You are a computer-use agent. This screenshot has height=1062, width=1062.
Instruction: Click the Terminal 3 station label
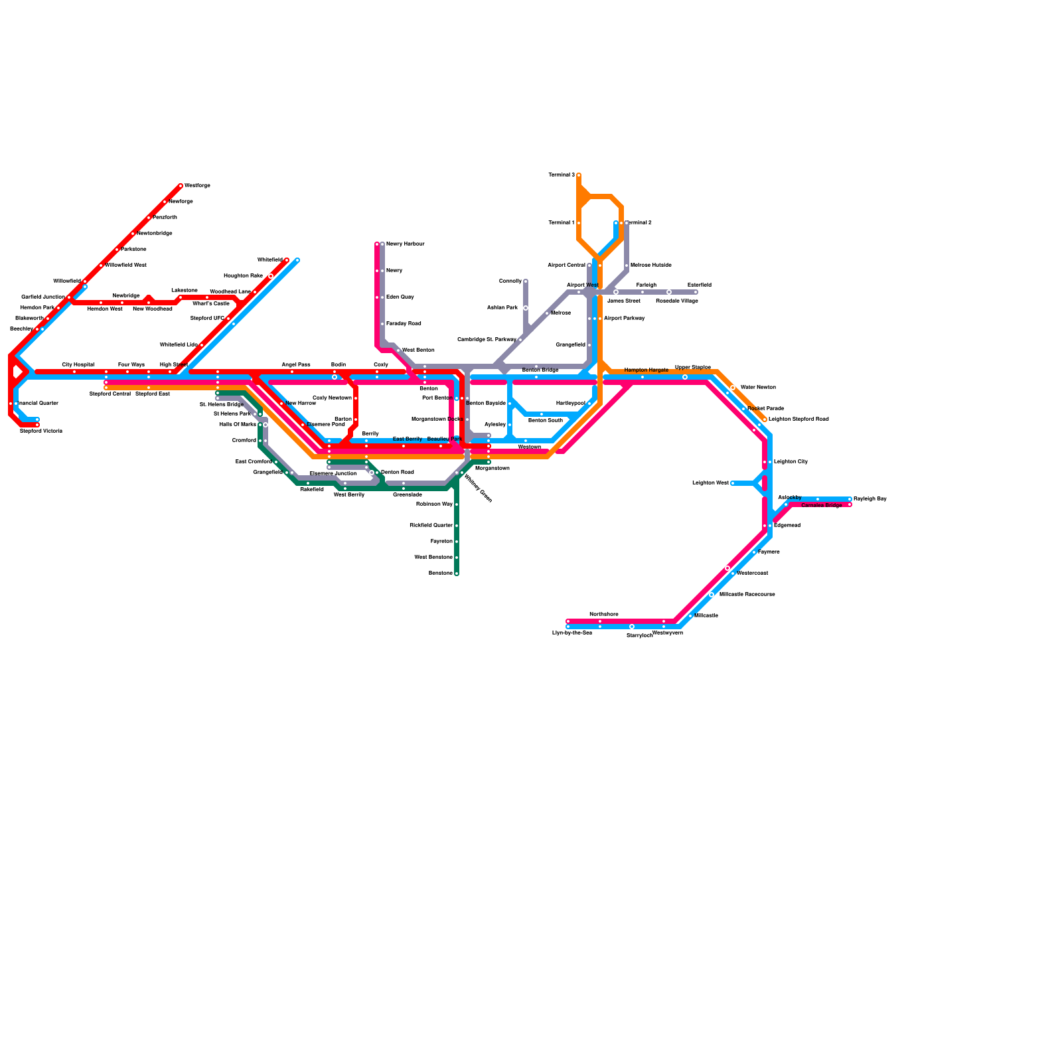[x=561, y=175]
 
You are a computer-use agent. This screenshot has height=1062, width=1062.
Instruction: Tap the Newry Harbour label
[x=405, y=244]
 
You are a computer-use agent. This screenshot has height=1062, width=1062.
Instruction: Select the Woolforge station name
[x=197, y=186]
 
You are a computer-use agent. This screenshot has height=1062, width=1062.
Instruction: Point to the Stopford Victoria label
[x=41, y=431]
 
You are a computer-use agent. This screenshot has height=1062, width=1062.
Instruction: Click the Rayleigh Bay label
[x=870, y=499]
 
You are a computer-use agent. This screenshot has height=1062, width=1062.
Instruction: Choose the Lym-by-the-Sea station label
[x=571, y=633]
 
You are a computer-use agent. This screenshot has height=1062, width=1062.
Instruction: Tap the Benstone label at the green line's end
[x=441, y=573]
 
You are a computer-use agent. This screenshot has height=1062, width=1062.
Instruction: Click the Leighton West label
[x=710, y=483]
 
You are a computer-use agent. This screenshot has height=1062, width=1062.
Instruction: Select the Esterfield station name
[x=699, y=285]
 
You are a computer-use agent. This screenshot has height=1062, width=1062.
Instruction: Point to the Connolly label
[x=510, y=281]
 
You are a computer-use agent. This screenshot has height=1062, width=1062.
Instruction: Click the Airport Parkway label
[x=624, y=319]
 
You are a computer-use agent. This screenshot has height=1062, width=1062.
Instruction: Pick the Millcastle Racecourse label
[x=747, y=595]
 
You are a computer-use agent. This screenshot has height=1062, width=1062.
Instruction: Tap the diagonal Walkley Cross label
[x=478, y=489]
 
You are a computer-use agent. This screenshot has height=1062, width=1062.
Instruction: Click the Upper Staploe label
[x=692, y=367]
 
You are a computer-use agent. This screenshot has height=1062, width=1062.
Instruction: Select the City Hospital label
[x=78, y=365]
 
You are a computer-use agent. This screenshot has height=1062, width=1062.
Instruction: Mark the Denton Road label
[x=397, y=473]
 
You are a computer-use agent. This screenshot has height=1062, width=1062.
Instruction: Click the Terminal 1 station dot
[x=579, y=223]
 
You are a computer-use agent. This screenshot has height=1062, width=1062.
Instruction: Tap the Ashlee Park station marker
[x=526, y=308]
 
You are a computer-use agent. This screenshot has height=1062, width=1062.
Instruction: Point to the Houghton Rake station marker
[x=271, y=276]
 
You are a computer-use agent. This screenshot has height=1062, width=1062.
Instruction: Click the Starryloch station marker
[x=632, y=627]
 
